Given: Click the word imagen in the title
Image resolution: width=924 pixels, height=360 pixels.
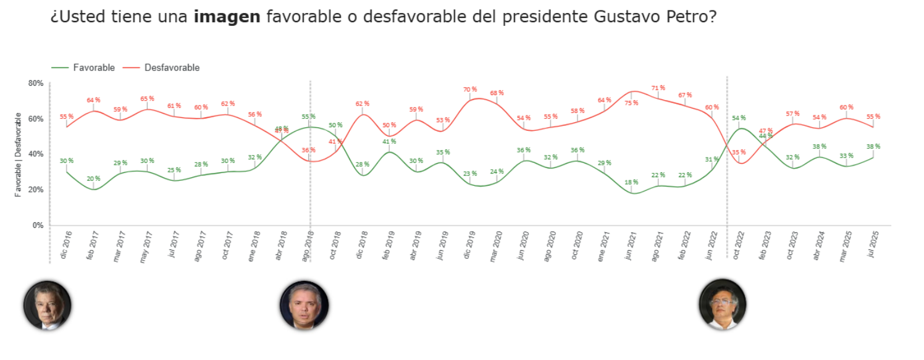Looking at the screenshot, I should (x=227, y=17).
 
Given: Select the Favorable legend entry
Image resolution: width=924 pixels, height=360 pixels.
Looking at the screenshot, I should (x=93, y=68).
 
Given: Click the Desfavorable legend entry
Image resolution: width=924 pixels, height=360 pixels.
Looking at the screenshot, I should (x=171, y=68).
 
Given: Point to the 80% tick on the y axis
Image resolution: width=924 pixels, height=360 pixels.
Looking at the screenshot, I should (x=36, y=83).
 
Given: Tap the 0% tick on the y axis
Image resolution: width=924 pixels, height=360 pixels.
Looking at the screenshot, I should (x=38, y=225).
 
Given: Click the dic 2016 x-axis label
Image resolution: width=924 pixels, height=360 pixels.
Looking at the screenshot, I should (x=65, y=245).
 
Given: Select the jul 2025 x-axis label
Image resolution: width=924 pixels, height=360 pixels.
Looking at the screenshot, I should (x=872, y=245).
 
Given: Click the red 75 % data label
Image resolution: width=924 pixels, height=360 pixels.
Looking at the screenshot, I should (x=631, y=103).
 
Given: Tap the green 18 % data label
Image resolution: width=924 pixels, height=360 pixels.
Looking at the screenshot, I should (x=631, y=182).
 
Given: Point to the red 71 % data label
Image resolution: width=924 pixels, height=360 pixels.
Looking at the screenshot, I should (x=658, y=88).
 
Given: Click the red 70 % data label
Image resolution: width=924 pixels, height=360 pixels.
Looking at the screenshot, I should (x=470, y=90).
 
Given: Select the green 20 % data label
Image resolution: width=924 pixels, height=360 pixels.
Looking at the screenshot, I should (x=93, y=179).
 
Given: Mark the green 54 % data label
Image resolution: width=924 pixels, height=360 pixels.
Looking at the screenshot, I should (x=739, y=118).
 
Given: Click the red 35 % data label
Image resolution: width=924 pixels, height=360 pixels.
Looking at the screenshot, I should (x=739, y=152).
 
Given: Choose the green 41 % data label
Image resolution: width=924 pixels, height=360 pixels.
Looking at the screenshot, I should (x=388, y=141).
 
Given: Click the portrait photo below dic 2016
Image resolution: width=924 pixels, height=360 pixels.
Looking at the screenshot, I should (x=48, y=305).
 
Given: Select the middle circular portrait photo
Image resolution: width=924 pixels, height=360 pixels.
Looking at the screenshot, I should (x=304, y=305).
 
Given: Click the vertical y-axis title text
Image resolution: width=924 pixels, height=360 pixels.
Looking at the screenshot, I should (x=19, y=155).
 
